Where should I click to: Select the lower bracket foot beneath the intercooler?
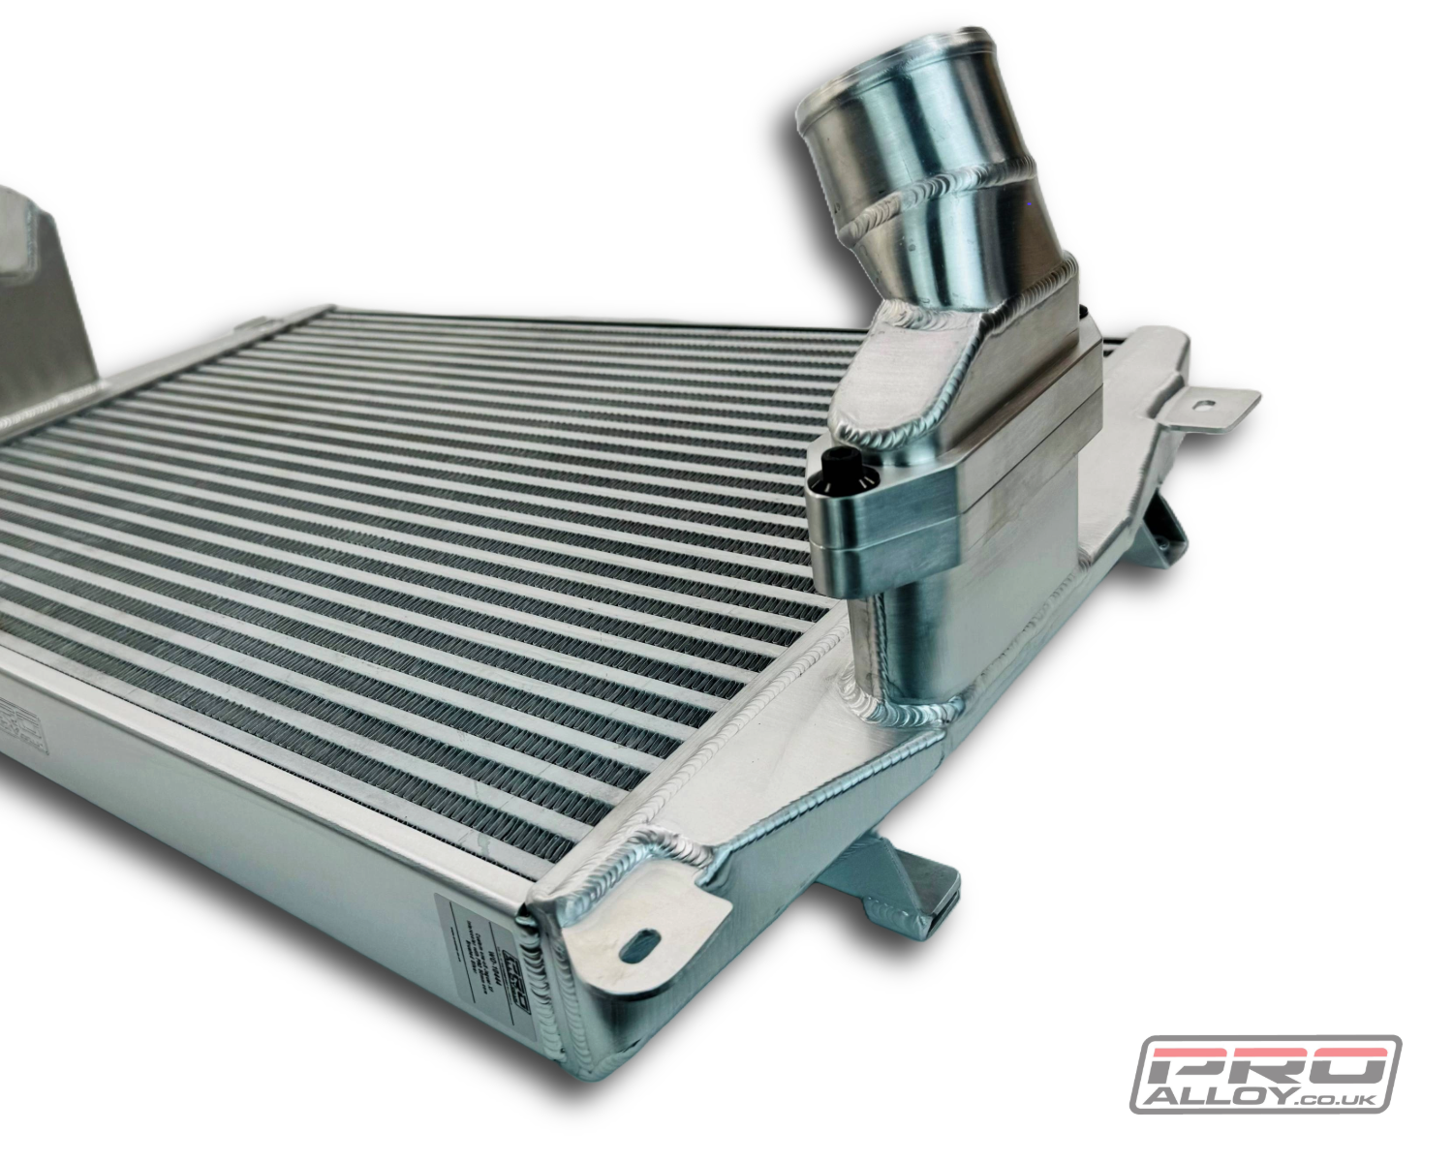point(891,881)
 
